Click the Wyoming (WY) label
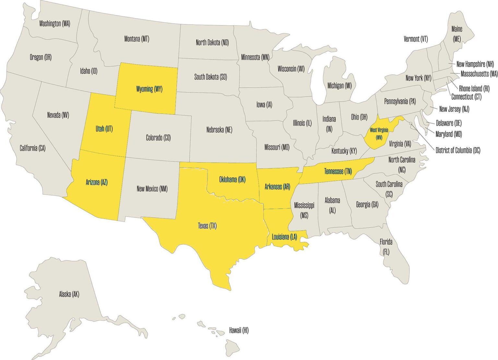(x=149, y=89)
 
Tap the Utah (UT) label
(x=104, y=129)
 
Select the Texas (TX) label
(x=207, y=226)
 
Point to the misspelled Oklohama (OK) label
(x=232, y=180)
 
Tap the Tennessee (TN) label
(x=338, y=172)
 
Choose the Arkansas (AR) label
(x=277, y=187)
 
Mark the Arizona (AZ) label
(x=97, y=182)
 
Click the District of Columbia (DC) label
(x=458, y=150)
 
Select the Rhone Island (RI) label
(x=474, y=88)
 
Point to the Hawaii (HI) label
(x=239, y=330)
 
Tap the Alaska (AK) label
(x=69, y=294)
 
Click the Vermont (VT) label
(x=416, y=39)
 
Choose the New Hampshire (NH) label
(x=475, y=64)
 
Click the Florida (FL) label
(x=386, y=247)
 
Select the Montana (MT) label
(x=136, y=39)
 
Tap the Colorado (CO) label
(x=158, y=138)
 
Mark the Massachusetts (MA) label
(x=479, y=74)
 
